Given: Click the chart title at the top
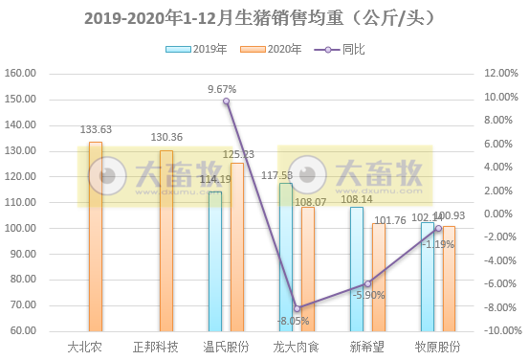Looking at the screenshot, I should [x=264, y=18].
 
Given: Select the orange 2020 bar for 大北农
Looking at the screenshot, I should [x=96, y=236].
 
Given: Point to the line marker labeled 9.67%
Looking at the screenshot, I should [x=227, y=101].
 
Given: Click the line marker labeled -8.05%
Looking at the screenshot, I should [x=298, y=308].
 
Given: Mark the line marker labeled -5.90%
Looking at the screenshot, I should [x=367, y=283].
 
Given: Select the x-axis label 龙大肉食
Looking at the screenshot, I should [x=297, y=346].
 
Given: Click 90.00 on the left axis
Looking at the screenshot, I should [x=23, y=254].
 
